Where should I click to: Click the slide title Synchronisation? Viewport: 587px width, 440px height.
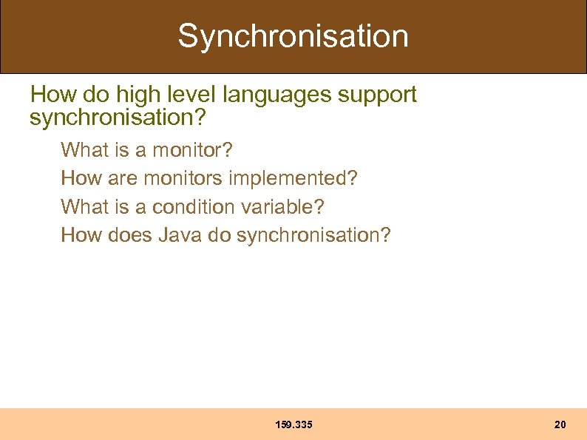pos(293,36)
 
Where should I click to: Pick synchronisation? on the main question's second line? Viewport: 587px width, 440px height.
pos(117,117)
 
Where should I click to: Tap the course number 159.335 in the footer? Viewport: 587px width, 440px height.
pos(293,424)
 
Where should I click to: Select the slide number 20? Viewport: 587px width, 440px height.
pos(560,424)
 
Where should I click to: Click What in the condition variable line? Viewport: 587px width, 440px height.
pos(84,207)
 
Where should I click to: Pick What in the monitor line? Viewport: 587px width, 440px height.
pos(84,150)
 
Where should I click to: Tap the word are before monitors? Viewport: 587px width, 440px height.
pos(123,178)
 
